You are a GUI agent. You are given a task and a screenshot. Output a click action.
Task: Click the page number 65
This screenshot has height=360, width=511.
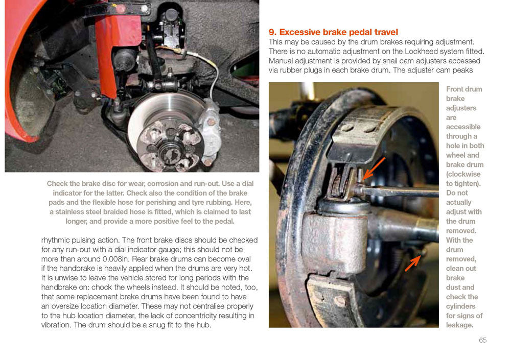coord(483,340)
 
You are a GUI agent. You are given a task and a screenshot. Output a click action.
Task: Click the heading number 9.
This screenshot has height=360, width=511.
coord(272,32)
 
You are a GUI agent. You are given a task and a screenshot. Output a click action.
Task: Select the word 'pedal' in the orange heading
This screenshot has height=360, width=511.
coord(360,32)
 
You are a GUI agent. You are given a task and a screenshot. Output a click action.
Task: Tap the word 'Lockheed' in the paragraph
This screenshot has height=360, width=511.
coord(419,52)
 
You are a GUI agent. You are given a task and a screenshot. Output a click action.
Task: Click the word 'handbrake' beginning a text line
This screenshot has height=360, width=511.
coord(57,287)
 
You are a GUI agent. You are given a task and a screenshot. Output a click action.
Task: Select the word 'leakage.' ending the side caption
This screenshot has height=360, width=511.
coord(459,325)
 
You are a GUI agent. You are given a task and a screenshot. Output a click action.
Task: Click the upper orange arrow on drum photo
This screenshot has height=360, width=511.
coord(374,169)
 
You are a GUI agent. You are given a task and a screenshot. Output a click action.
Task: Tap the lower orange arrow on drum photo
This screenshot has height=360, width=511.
coord(412,263)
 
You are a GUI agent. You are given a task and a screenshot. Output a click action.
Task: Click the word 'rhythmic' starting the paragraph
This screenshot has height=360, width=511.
coord(55,241)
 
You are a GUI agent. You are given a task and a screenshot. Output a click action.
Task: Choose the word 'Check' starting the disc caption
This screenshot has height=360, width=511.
coord(57,183)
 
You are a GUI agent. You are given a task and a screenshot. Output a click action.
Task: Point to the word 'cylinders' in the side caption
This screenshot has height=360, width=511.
coord(461,306)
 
